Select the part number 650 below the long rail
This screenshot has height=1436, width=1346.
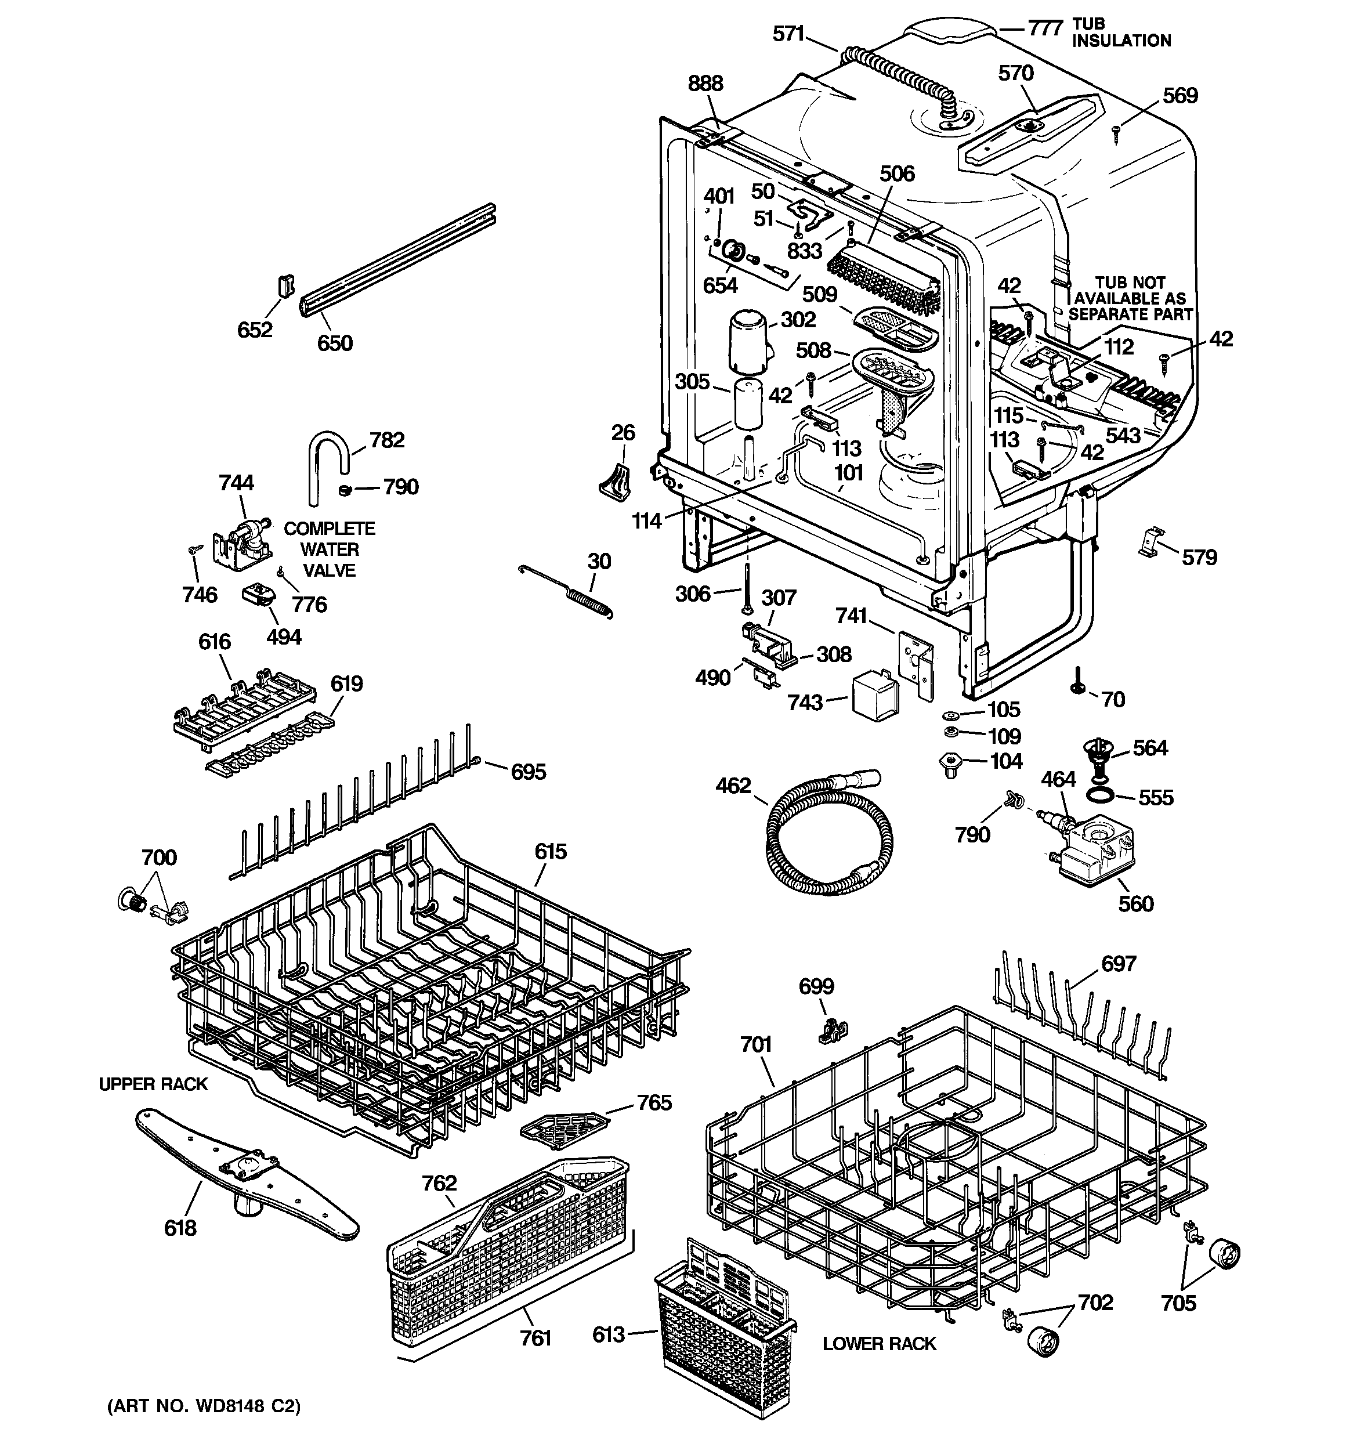coord(335,342)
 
